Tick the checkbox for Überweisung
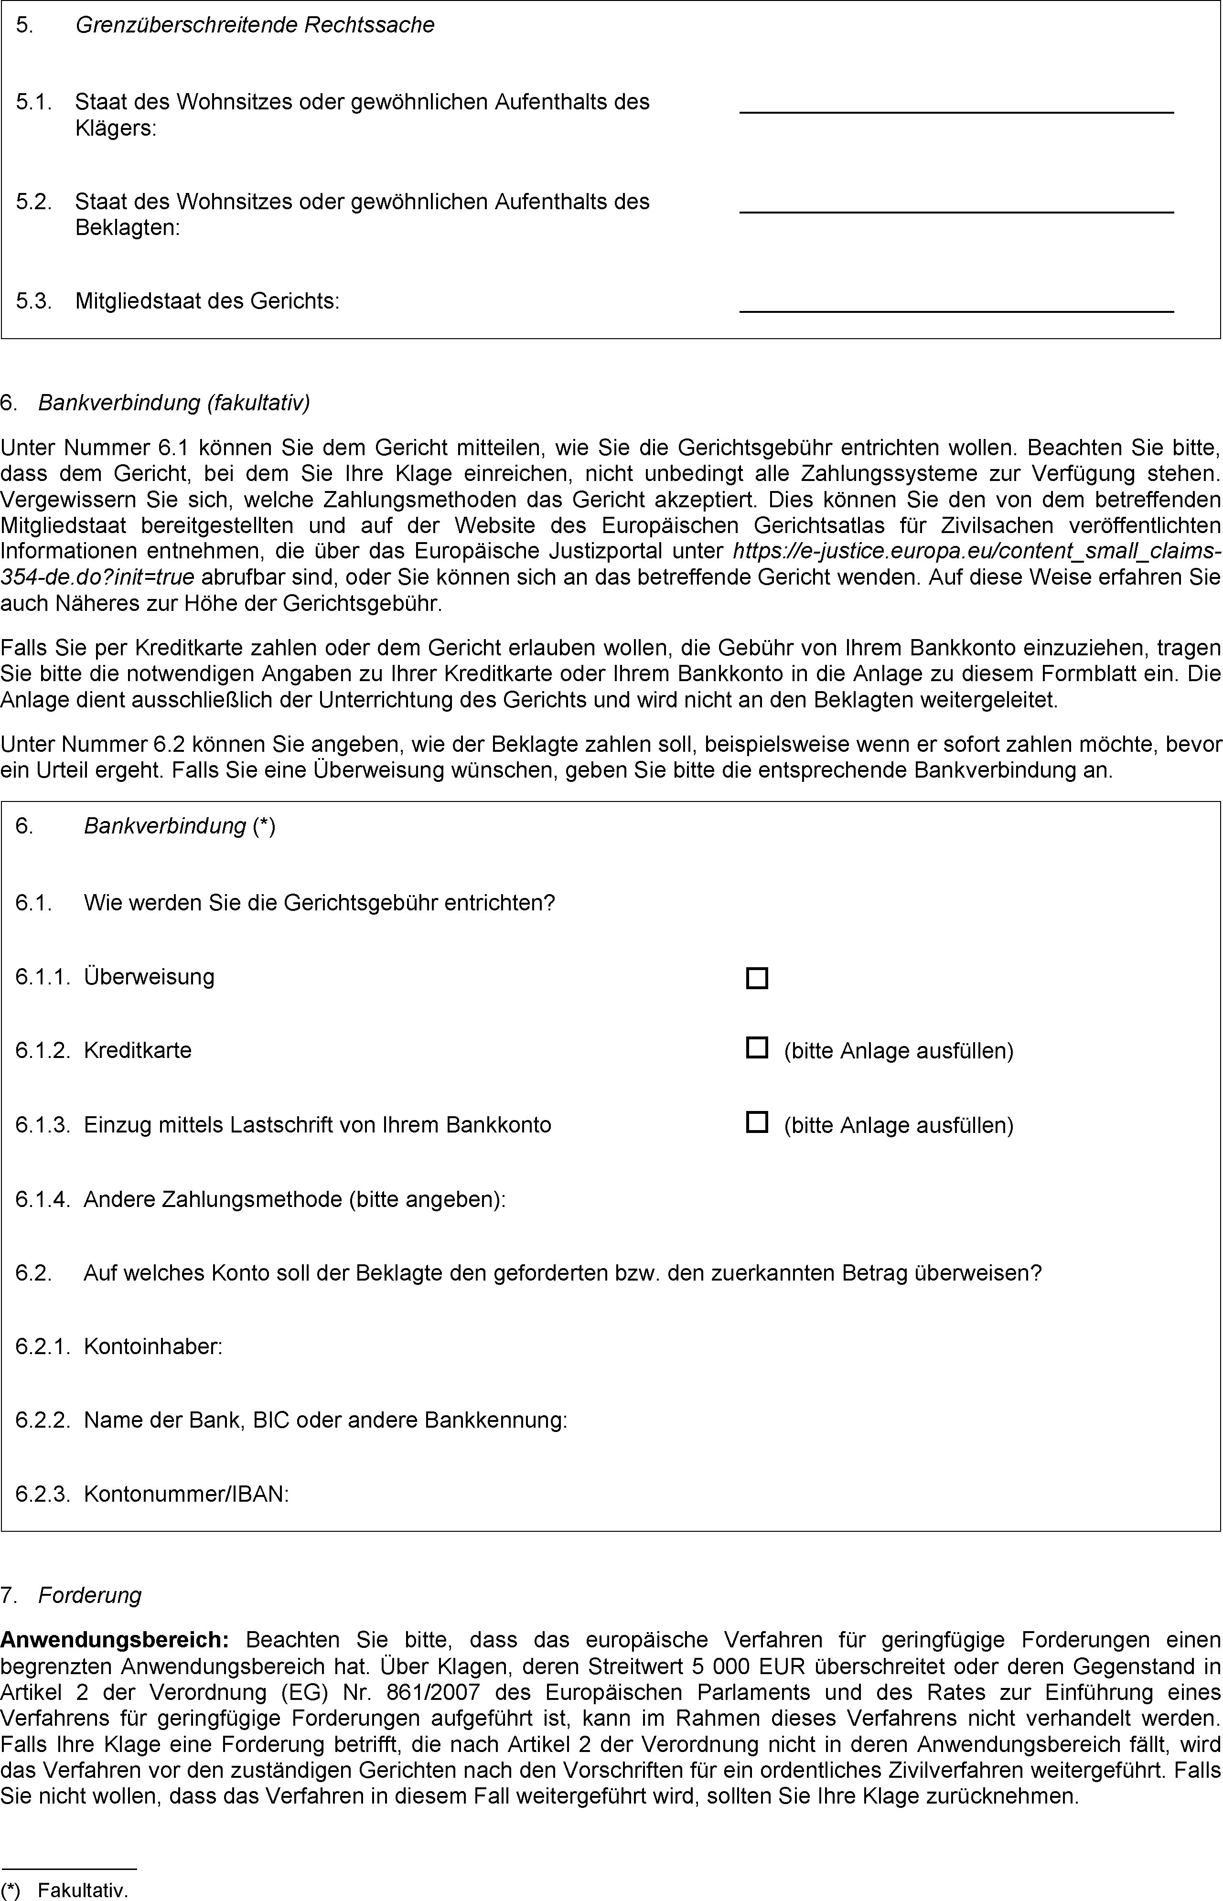(757, 978)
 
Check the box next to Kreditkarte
(757, 1047)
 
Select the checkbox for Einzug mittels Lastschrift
(757, 1122)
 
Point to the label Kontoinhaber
(152, 1347)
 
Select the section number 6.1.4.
(43, 1199)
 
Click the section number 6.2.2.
(43, 1420)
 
